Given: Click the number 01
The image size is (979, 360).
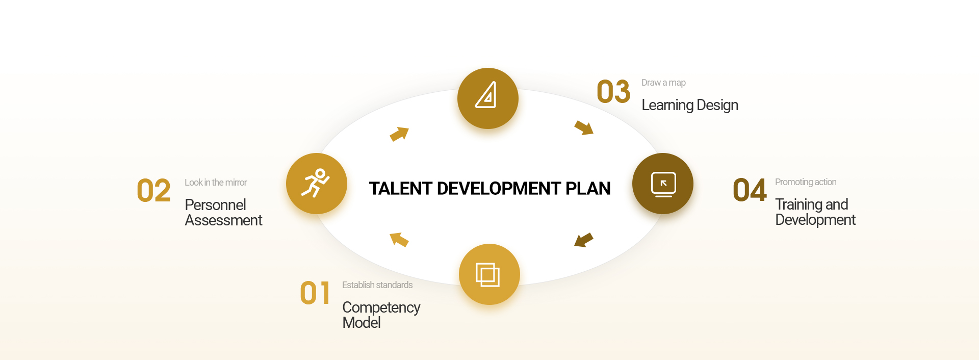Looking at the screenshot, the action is (x=315, y=293).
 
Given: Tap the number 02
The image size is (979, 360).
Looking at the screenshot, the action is (x=153, y=191).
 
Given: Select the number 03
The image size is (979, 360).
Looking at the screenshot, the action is (x=613, y=92).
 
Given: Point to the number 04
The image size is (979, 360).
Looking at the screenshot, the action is (x=750, y=190).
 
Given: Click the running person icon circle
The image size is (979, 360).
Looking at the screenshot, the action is (x=317, y=184).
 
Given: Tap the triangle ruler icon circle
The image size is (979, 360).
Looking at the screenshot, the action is (x=488, y=98).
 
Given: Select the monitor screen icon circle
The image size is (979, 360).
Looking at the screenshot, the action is (x=663, y=184).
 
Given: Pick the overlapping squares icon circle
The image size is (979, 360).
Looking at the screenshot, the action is (x=489, y=274).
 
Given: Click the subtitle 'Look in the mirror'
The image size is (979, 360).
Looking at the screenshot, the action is (x=216, y=183).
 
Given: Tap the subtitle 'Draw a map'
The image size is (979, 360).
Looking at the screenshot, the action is (x=663, y=83).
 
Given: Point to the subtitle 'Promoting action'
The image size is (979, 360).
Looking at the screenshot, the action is (x=806, y=182).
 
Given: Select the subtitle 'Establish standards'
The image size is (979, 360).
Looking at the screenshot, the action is (x=377, y=285).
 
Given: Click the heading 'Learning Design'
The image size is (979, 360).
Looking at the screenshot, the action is (x=690, y=105).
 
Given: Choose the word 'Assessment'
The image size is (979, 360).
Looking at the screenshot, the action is (x=223, y=220).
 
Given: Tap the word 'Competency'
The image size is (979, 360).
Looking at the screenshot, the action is (x=381, y=308).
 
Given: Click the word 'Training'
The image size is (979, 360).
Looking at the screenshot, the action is (x=798, y=204).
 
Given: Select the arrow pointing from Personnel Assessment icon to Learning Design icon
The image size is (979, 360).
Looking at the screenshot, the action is (x=400, y=134).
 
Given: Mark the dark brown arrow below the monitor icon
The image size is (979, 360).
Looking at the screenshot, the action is (x=583, y=240).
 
